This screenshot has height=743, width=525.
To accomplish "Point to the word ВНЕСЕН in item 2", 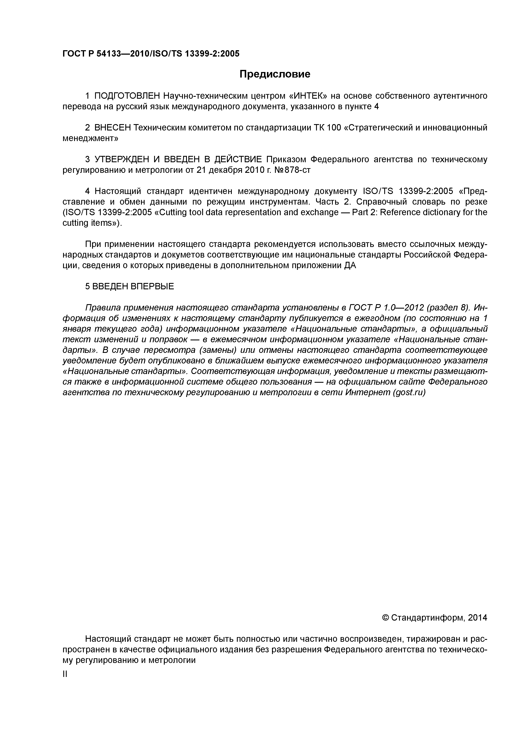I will pos(113,128).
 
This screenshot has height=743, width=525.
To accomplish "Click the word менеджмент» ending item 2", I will pos(90,139).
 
